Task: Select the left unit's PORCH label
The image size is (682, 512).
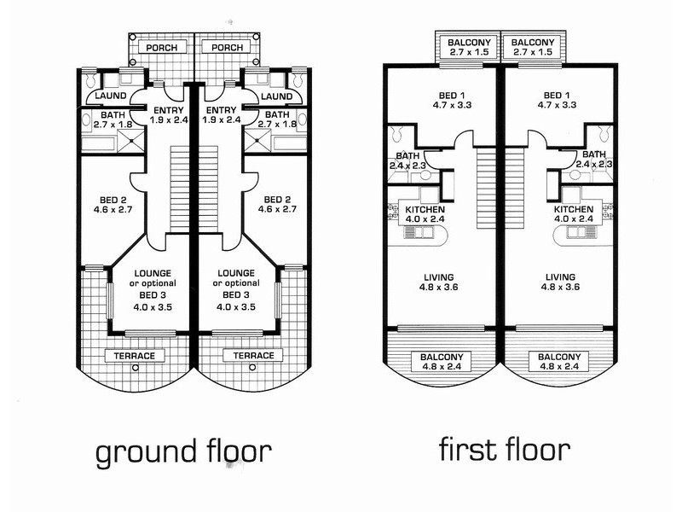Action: [161, 48]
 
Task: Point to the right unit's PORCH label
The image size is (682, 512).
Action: [227, 48]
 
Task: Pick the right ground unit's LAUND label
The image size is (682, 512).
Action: [276, 96]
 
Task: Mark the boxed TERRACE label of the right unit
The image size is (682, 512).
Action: [253, 355]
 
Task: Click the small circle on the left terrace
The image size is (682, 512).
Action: [136, 369]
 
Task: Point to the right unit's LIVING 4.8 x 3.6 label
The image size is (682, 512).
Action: [561, 282]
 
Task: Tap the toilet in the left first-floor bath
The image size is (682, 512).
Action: [396, 136]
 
